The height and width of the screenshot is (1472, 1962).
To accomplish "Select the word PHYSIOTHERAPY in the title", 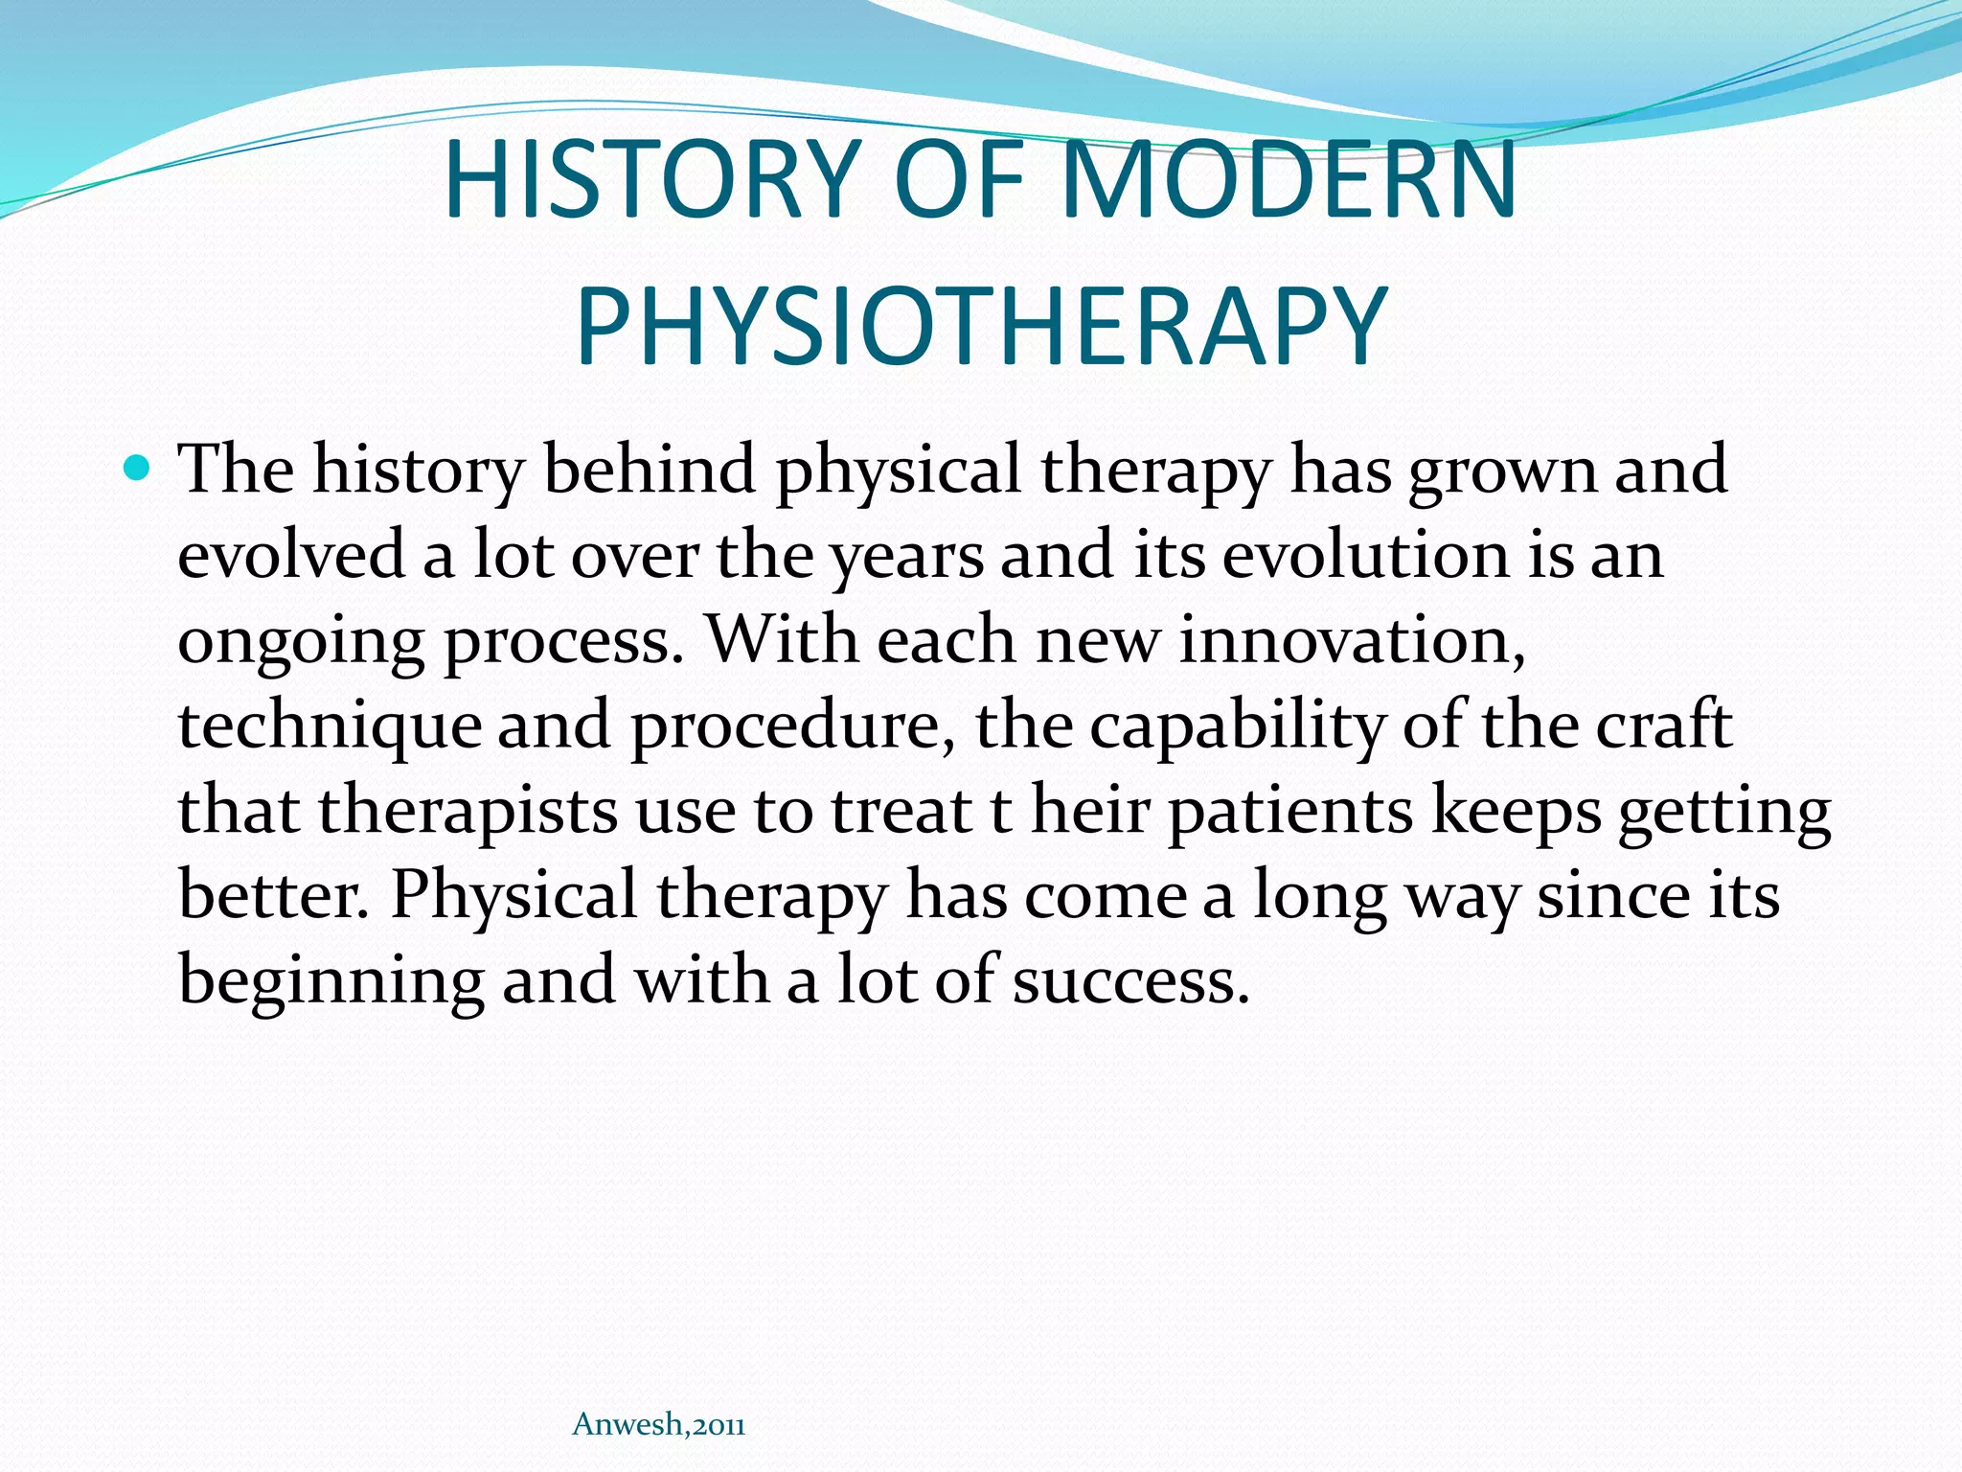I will [x=981, y=326].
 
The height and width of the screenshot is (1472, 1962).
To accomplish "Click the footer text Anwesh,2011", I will [x=658, y=1425].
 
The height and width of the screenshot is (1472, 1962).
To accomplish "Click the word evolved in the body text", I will [x=291, y=555].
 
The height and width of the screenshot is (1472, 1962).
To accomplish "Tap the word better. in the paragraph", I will [x=274, y=895].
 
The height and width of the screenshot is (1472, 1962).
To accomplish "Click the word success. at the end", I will [x=1130, y=981].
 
